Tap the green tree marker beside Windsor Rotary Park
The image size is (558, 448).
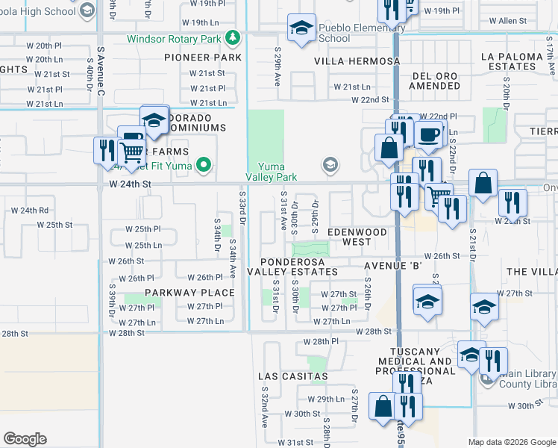point(233,37)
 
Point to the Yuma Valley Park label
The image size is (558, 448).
point(272,172)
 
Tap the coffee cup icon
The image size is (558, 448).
point(428,136)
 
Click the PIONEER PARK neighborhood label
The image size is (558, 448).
point(203,57)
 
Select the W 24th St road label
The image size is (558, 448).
point(130,183)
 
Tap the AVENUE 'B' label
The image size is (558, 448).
point(393,265)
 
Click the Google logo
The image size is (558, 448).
point(25,439)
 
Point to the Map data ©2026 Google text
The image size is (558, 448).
point(511,442)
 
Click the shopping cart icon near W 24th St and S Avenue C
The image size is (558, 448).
point(132,153)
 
